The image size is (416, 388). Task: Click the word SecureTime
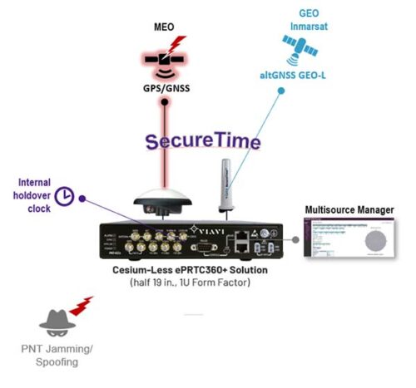tap(204, 140)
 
